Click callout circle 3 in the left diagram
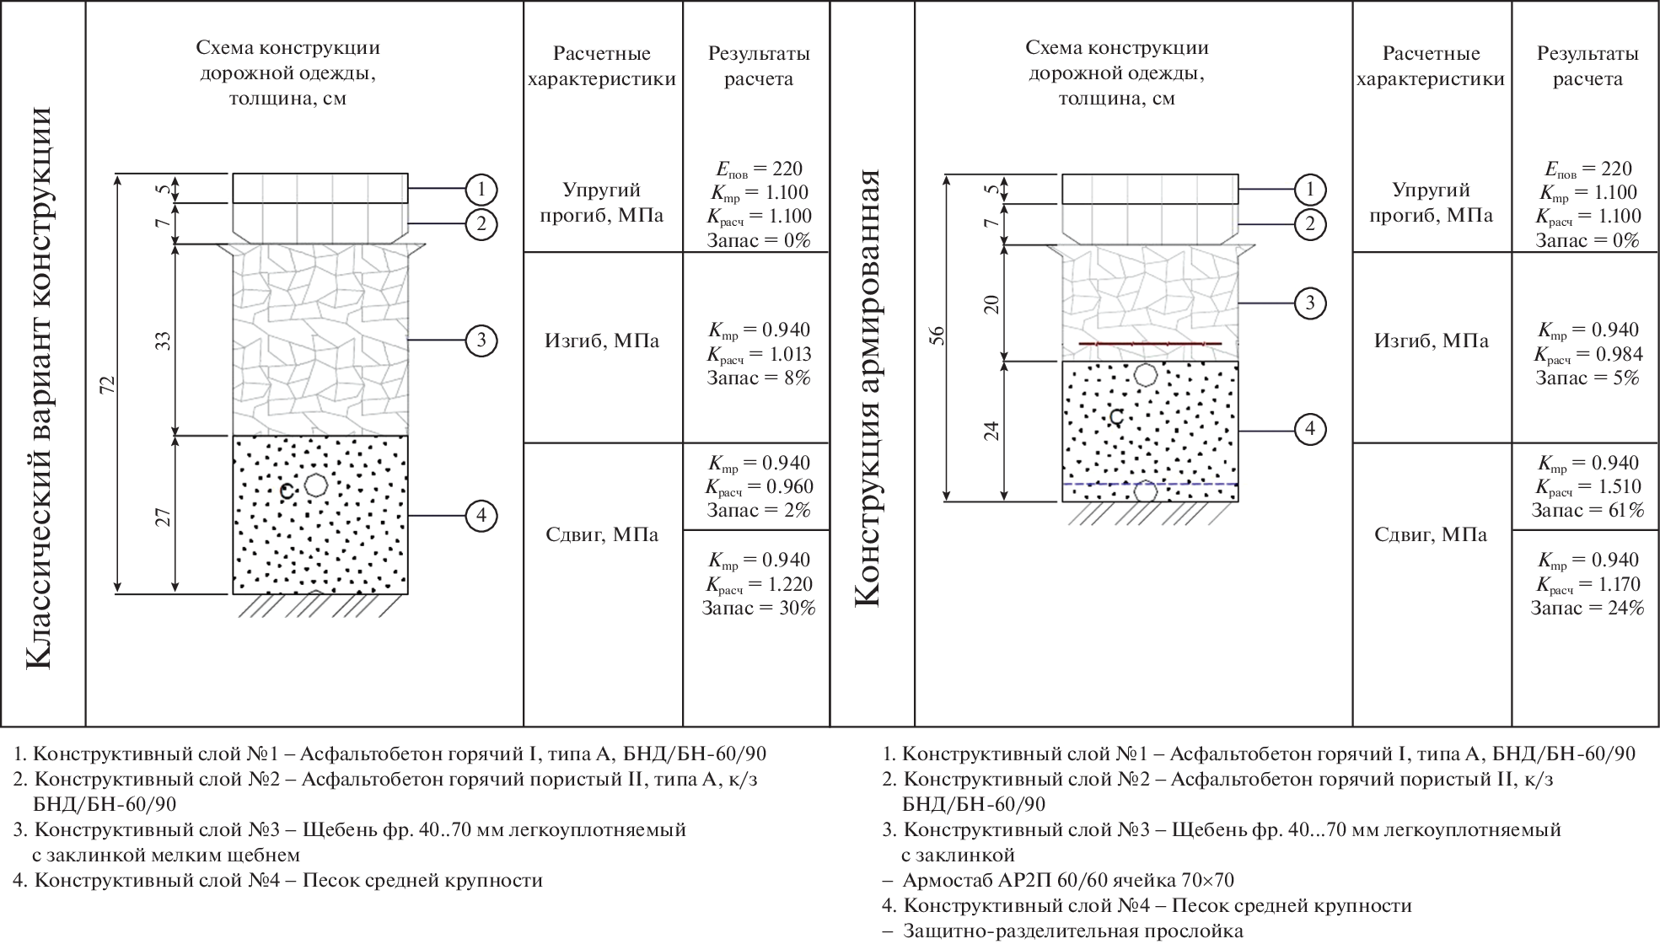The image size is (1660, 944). pos(481,341)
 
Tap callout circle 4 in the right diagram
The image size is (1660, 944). pos(1309,430)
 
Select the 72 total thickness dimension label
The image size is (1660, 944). pos(107,384)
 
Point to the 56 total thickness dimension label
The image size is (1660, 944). pos(937,336)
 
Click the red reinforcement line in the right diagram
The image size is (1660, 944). pos(1150,344)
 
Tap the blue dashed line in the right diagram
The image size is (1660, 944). pos(1150,485)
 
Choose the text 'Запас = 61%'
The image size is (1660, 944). pos(1587,511)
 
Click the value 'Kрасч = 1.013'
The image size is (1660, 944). pos(759,354)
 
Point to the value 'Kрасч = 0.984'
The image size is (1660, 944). pos(1587,354)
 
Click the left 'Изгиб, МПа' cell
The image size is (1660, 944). pos(602,341)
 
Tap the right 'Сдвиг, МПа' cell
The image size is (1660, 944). pos(1431,535)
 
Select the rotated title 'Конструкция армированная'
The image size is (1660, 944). pos(868,388)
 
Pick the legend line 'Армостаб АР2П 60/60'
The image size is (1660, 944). pos(1067,881)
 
